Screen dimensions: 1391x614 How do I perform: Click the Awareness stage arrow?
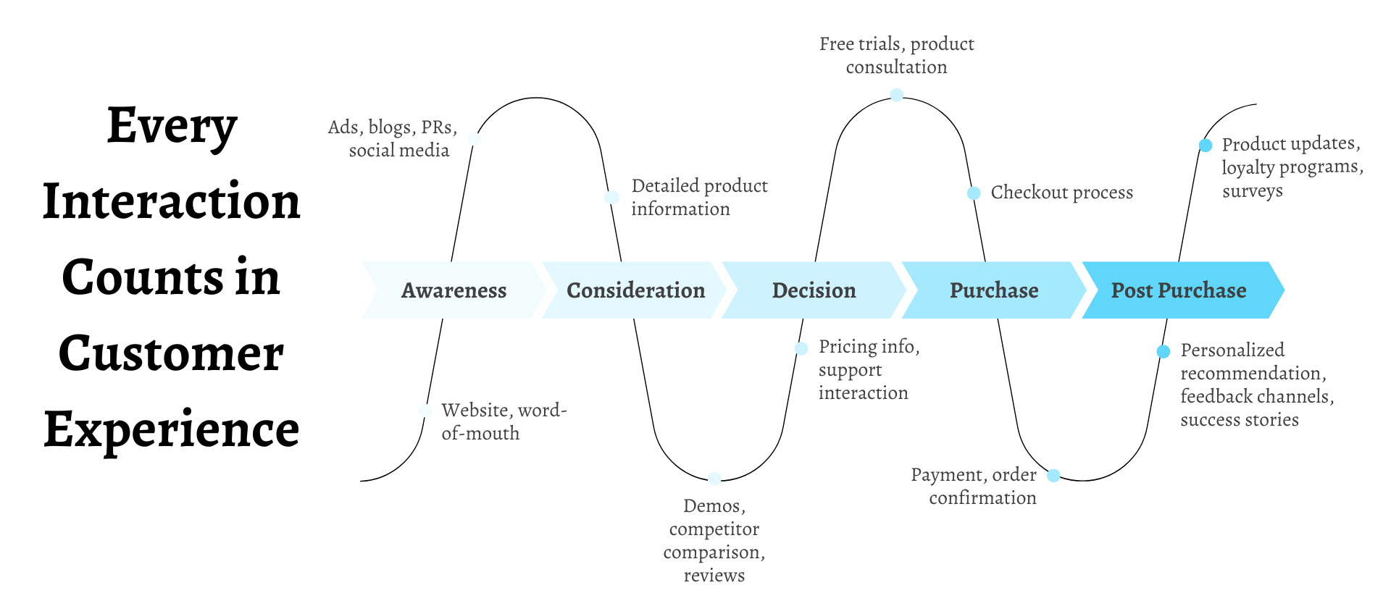pyautogui.click(x=454, y=290)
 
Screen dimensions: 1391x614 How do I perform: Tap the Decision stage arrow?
pyautogui.click(x=814, y=290)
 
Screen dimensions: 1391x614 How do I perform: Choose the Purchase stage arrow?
pyautogui.click(x=994, y=290)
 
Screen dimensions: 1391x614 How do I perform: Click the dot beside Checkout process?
pyautogui.click(x=974, y=193)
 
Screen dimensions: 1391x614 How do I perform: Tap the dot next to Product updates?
pyautogui.click(x=1206, y=145)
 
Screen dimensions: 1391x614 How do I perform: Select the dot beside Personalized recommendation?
pyautogui.click(x=1164, y=352)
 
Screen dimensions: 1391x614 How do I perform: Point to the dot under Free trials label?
pyautogui.click(x=897, y=94)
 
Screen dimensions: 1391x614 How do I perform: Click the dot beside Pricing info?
pyautogui.click(x=801, y=348)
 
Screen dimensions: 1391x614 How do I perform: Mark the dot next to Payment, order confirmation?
pyautogui.click(x=1054, y=475)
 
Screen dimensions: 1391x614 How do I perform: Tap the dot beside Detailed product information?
pyautogui.click(x=612, y=197)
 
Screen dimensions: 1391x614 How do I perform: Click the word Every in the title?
pyautogui.click(x=172, y=127)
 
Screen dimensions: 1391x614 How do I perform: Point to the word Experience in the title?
pyautogui.click(x=171, y=430)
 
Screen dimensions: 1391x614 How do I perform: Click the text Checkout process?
pyautogui.click(x=1062, y=193)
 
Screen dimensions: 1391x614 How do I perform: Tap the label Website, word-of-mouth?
pyautogui.click(x=504, y=421)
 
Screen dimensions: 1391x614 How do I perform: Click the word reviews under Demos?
pyautogui.click(x=714, y=576)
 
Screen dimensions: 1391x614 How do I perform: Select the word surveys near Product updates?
pyautogui.click(x=1253, y=191)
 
